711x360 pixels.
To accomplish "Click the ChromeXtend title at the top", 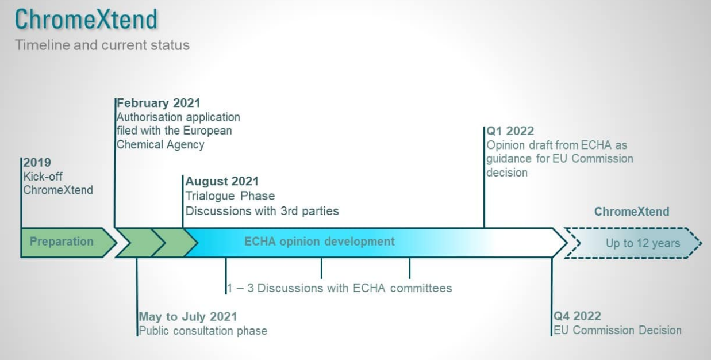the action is click(86, 20).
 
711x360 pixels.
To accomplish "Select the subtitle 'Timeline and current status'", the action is click(102, 45).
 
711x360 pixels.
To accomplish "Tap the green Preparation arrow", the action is click(68, 243).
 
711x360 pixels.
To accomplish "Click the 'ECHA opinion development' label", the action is click(320, 242).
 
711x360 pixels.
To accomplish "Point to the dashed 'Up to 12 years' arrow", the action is click(633, 243).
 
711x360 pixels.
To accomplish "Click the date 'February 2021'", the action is click(159, 103).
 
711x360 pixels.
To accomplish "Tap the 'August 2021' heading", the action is click(222, 181).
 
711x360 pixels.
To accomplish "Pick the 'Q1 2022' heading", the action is click(510, 131).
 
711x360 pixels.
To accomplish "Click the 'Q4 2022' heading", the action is click(577, 316).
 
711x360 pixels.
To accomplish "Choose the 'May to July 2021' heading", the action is click(188, 316).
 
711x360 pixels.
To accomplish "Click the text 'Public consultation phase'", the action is click(203, 331).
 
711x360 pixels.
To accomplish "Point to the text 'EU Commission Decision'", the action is click(617, 330).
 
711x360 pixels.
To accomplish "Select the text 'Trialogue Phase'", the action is click(230, 196).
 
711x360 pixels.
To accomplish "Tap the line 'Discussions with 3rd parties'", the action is click(262, 211).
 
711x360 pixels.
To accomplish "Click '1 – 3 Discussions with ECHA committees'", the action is click(339, 288).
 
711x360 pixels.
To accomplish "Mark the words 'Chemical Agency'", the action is click(160, 145).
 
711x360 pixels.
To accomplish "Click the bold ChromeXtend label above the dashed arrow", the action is click(632, 212).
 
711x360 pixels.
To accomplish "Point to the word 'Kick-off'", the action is click(43, 177).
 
